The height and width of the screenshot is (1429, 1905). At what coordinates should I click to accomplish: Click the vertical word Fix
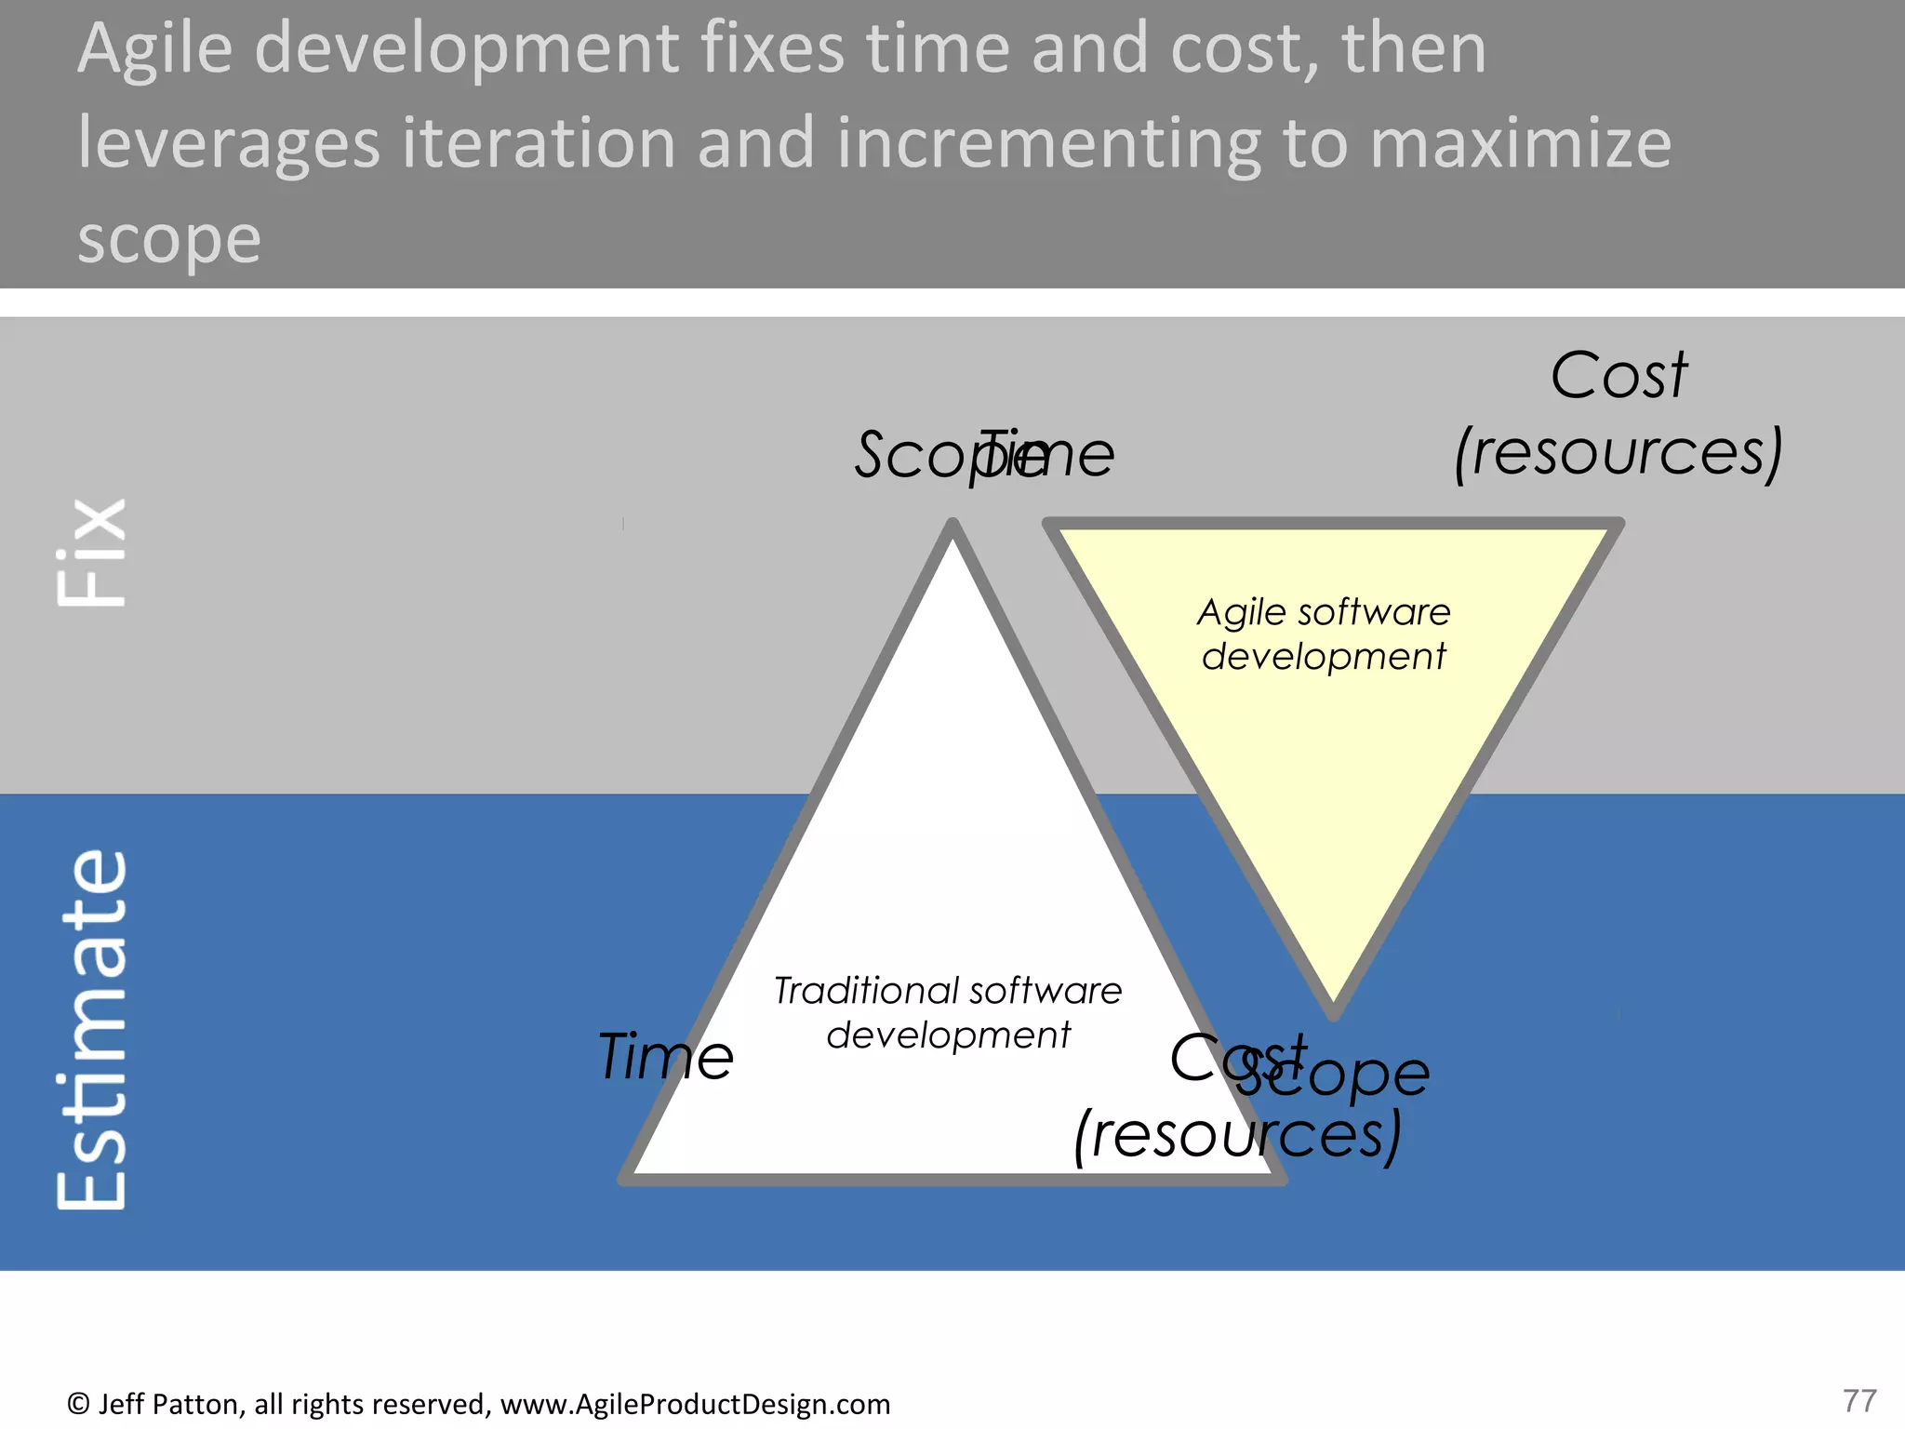[91, 553]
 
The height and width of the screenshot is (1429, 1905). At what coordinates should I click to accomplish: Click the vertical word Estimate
[91, 1031]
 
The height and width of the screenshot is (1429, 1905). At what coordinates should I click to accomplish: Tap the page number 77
[1859, 1400]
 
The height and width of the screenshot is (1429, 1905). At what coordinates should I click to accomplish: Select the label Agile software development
[1324, 634]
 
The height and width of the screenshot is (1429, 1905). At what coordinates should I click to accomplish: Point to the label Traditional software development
[948, 1012]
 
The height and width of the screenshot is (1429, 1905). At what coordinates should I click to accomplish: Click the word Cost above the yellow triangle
[1619, 376]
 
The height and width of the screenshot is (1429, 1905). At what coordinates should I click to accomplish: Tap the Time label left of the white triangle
[666, 1057]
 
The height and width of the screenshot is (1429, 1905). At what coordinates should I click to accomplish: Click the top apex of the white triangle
[952, 527]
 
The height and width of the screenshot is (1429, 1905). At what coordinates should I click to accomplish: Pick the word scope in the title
[169, 240]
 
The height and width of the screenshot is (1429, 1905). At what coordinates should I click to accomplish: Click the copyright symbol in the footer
[78, 1404]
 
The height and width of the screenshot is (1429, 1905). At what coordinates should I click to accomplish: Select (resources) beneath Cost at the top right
[1619, 452]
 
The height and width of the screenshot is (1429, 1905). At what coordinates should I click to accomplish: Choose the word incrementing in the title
[1048, 143]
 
